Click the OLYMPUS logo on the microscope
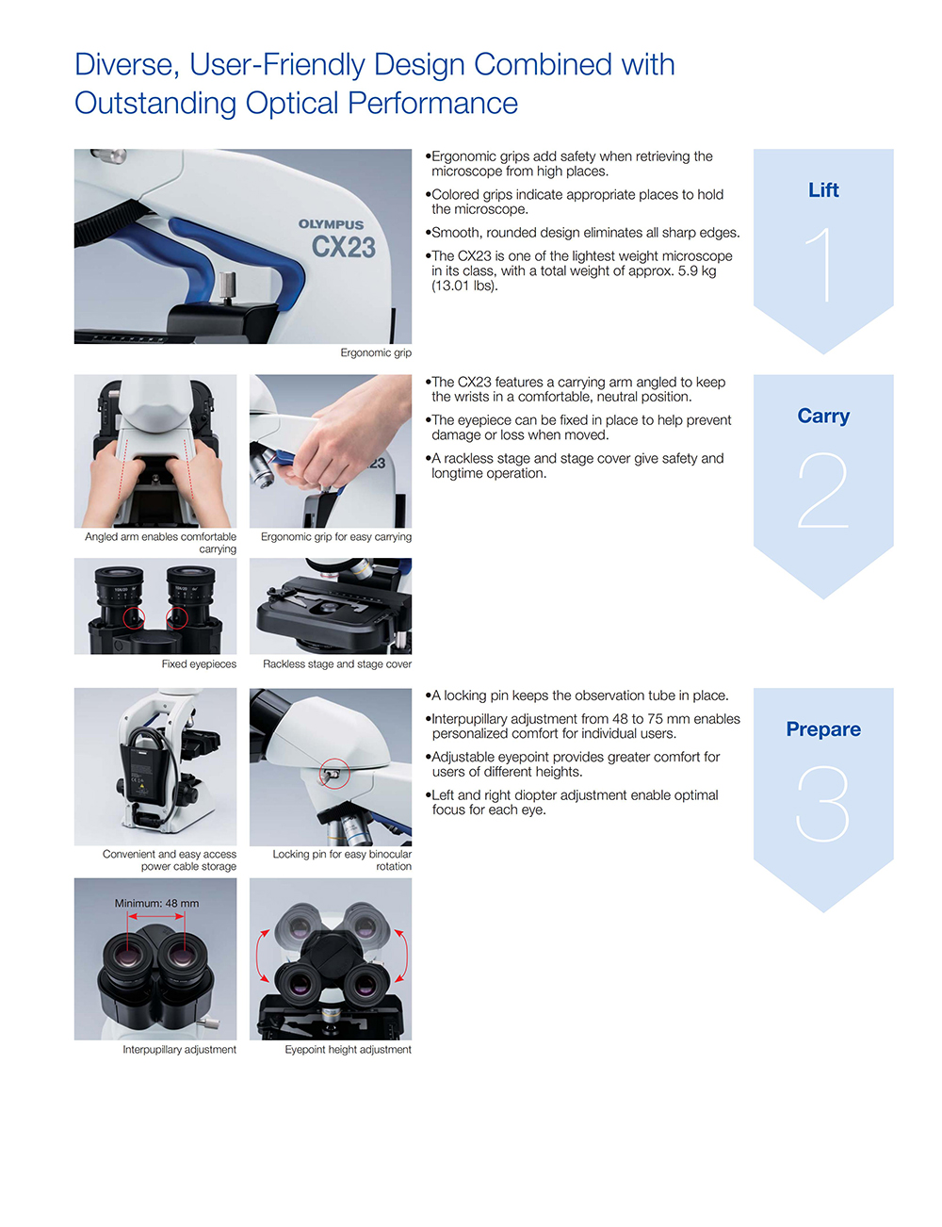click(x=331, y=224)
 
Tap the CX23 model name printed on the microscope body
click(x=343, y=247)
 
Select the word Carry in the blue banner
click(x=823, y=416)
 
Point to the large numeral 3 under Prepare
click(x=822, y=803)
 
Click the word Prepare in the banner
click(x=823, y=729)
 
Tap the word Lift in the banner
click(x=823, y=189)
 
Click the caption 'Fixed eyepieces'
click(x=199, y=664)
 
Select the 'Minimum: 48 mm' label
click(x=156, y=904)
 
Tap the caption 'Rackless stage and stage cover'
click(x=337, y=664)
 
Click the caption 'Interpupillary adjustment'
click(x=180, y=1049)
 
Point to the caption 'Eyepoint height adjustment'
click(x=348, y=1049)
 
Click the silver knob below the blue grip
click(x=227, y=286)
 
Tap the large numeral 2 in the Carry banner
click(x=822, y=489)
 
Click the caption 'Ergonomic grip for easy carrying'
click(x=336, y=536)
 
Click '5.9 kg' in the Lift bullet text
click(x=696, y=271)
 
